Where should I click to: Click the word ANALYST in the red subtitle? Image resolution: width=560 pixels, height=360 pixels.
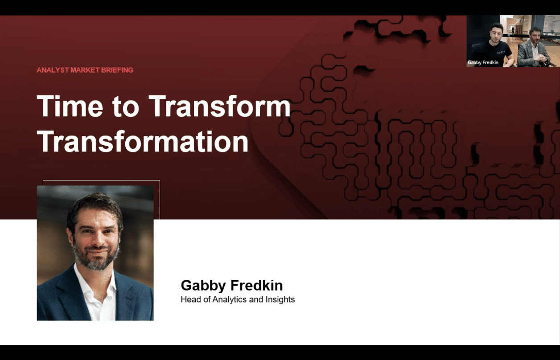click(53, 70)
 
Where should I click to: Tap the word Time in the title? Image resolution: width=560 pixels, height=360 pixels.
click(70, 106)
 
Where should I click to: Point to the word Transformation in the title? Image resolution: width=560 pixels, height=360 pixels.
click(143, 141)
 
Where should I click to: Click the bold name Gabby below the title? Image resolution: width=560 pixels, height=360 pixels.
click(203, 286)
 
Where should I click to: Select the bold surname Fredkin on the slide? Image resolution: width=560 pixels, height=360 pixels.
click(256, 285)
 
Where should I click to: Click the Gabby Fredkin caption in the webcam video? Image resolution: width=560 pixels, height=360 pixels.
click(483, 62)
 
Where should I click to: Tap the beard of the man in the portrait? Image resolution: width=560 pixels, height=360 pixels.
click(96, 258)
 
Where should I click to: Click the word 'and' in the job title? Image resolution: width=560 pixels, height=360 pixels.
click(256, 299)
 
